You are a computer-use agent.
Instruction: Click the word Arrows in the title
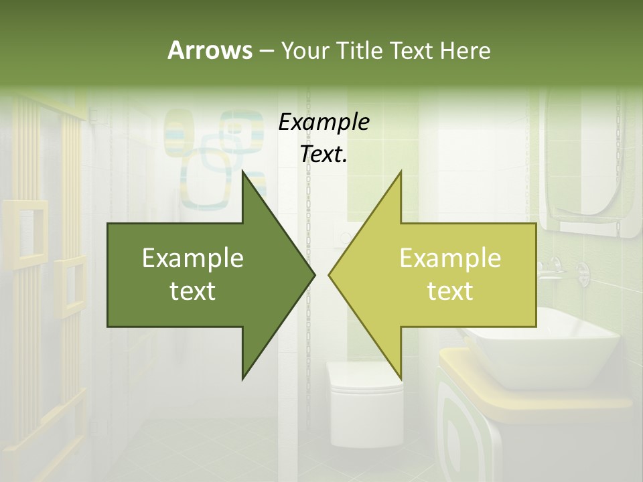[x=210, y=50]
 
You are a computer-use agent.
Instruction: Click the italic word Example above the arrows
[x=324, y=123]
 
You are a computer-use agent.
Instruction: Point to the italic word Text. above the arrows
[x=324, y=155]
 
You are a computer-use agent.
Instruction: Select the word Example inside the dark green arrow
[x=193, y=258]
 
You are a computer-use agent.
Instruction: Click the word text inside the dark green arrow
[x=193, y=291]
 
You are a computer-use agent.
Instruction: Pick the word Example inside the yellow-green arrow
[x=450, y=258]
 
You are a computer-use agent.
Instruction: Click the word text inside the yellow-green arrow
[x=450, y=291]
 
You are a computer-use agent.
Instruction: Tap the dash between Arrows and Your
[x=267, y=51]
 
